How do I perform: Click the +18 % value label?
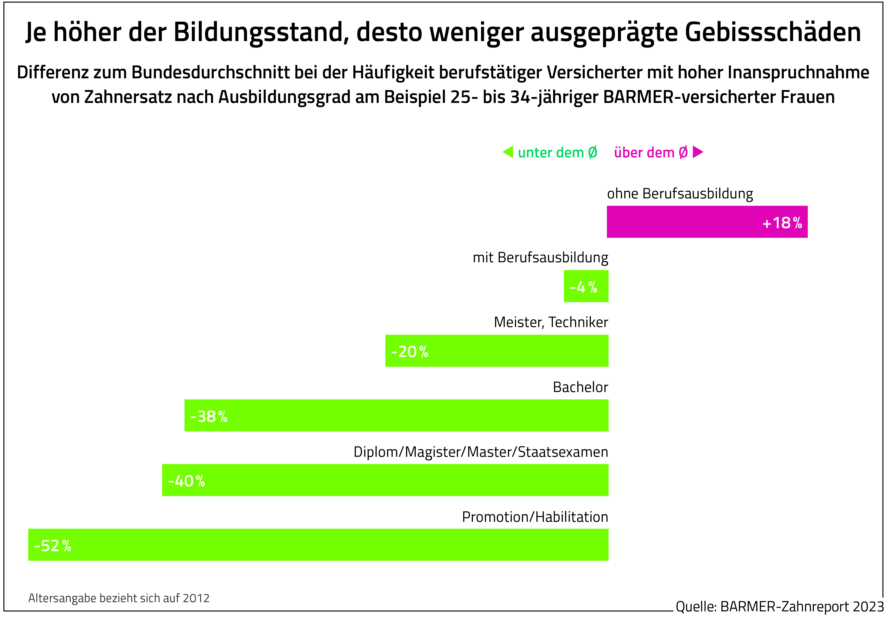(x=782, y=223)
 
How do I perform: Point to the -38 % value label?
(x=209, y=416)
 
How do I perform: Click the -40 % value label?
(x=186, y=481)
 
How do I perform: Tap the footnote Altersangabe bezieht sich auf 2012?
(x=119, y=598)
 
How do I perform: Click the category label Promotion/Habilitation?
(x=535, y=517)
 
